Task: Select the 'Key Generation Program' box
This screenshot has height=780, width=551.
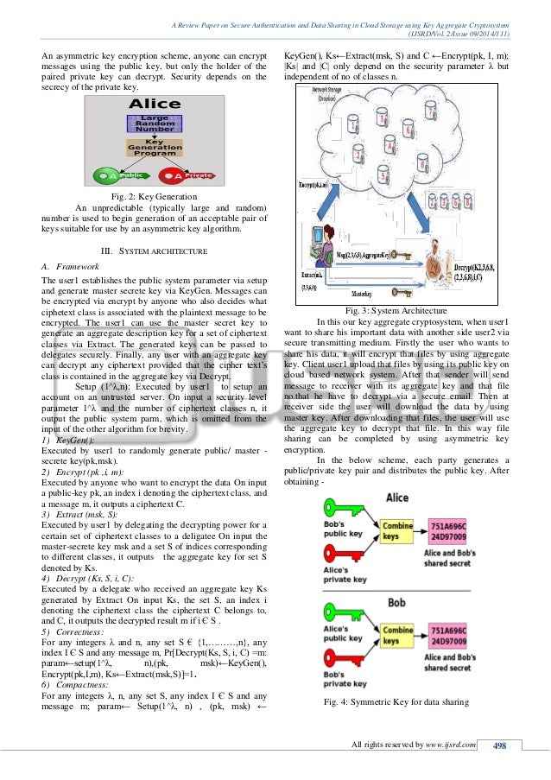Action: coord(155,151)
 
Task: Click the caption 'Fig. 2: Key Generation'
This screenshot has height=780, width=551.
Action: coord(155,197)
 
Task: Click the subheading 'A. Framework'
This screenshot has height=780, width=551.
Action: coord(70,267)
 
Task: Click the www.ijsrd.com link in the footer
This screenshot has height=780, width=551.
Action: coord(453,745)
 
